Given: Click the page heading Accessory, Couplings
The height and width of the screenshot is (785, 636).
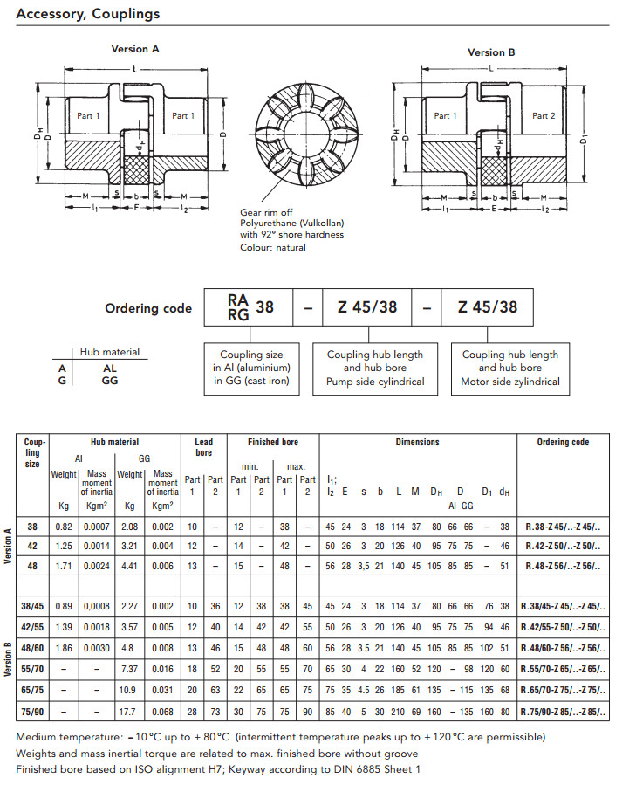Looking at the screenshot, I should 87,15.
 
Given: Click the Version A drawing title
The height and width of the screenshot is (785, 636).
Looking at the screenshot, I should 134,49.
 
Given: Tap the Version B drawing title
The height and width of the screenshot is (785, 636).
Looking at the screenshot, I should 491,52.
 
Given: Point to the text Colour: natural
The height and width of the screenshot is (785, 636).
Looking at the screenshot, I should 273,248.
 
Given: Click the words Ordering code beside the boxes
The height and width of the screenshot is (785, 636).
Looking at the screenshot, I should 148,307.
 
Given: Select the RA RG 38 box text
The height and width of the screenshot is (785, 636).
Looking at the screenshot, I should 250,306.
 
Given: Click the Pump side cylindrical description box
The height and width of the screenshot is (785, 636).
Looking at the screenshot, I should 375,368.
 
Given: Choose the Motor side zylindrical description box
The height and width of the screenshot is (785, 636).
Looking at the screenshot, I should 510,368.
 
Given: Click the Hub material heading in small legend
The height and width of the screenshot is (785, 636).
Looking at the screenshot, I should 109,352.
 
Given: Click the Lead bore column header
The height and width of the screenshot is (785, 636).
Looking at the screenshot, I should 203,447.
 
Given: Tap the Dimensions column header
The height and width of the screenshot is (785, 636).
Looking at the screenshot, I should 417,442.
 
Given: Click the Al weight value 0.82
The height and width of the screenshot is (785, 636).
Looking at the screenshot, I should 64,527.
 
